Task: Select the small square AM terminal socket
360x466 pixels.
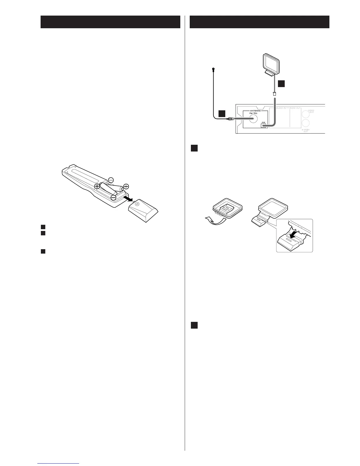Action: (263, 126)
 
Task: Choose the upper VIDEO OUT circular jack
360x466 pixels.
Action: (306, 113)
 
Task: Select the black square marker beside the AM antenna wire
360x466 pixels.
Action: (281, 84)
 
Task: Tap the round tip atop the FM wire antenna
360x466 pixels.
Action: (213, 69)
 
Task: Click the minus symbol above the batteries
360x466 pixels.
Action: (111, 180)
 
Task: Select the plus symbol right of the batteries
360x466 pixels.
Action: (126, 186)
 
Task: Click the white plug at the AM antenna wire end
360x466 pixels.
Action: (274, 94)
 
